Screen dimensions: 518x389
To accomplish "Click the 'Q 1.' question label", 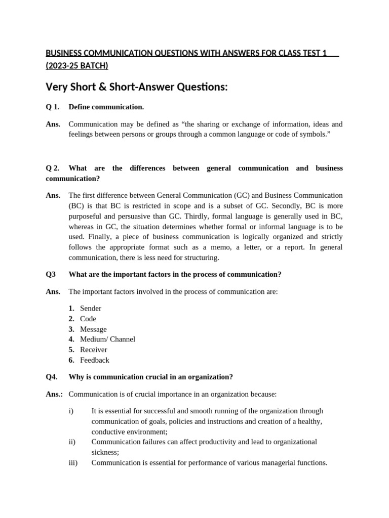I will pyautogui.click(x=53, y=107).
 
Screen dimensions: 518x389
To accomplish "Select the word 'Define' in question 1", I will pyautogui.click(x=80, y=107).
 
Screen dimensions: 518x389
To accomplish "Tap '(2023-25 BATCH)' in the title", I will pyautogui.click(x=76, y=66).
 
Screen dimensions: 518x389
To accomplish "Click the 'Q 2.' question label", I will pyautogui.click(x=53, y=168).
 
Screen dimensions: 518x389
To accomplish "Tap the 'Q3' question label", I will pyautogui.click(x=51, y=274).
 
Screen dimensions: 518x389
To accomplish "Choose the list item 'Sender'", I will pyautogui.click(x=91, y=308).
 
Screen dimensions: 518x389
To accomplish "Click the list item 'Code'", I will pyautogui.click(x=88, y=319).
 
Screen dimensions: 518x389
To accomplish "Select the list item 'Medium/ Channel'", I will pyautogui.click(x=107, y=339).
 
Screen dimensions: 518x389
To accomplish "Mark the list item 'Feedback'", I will pyautogui.click(x=95, y=360).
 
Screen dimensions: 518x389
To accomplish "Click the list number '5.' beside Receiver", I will pyautogui.click(x=71, y=350).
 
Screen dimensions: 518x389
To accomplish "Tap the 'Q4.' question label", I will pyautogui.click(x=52, y=377).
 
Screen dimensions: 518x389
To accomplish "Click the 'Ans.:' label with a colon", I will pyautogui.click(x=56, y=394).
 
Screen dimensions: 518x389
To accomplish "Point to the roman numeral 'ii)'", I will pyautogui.click(x=72, y=442).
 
